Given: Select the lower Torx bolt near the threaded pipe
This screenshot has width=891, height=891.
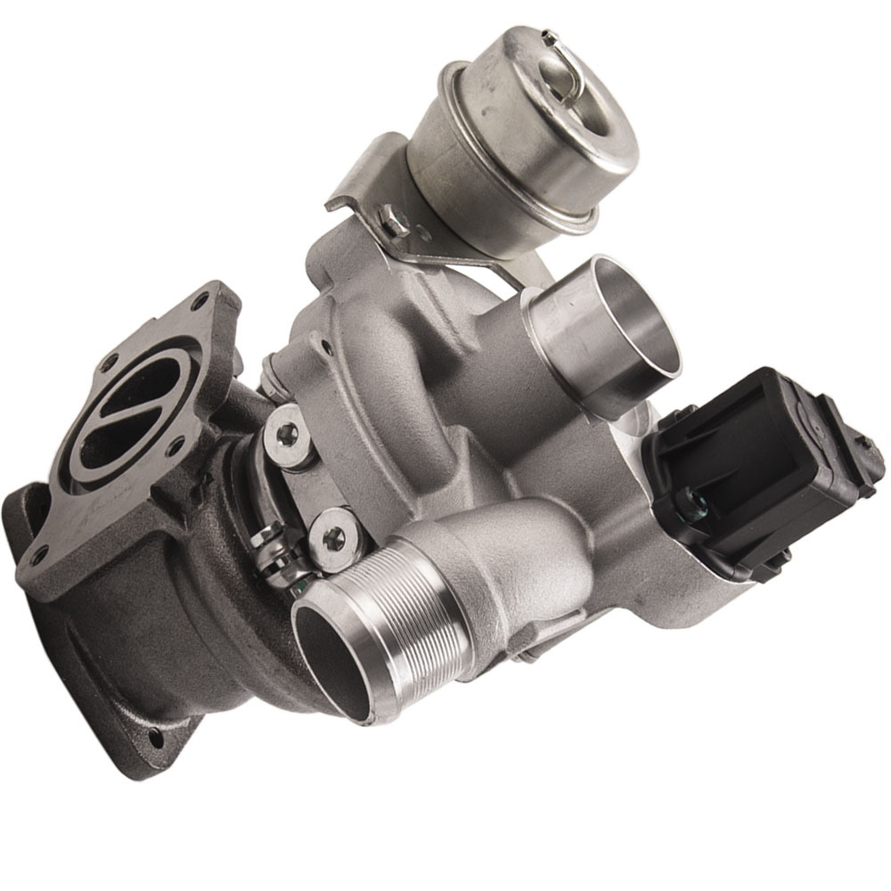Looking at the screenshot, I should click(x=334, y=535).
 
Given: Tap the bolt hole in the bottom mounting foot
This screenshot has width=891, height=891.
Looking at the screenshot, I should click(x=159, y=739).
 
